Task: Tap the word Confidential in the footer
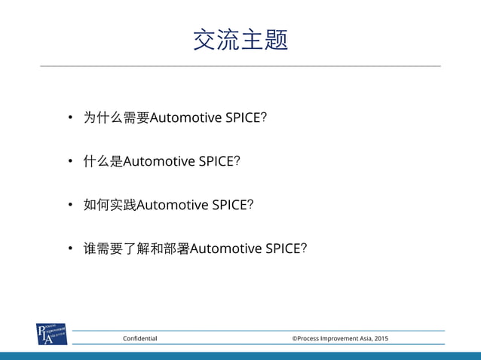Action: [x=140, y=339]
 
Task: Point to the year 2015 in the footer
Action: [x=381, y=339]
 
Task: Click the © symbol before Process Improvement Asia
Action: [x=295, y=339]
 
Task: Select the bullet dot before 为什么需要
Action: [x=69, y=117]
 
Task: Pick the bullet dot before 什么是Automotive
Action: [x=69, y=161]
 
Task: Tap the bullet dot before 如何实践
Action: [x=69, y=204]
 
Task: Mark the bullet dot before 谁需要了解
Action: [x=69, y=248]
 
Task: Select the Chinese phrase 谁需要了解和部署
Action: [x=136, y=248]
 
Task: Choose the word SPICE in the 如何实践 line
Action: [x=231, y=204]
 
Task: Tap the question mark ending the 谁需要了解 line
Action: [x=304, y=248]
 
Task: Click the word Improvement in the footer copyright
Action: [x=336, y=339]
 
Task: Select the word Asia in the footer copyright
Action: [x=363, y=339]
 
